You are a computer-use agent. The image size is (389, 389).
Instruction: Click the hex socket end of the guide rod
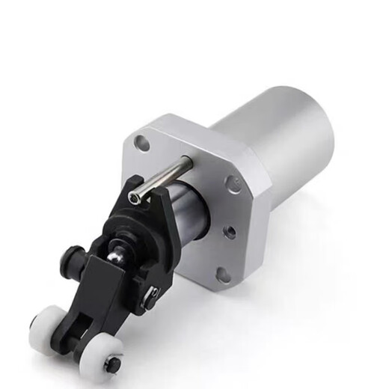[x=134, y=197]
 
